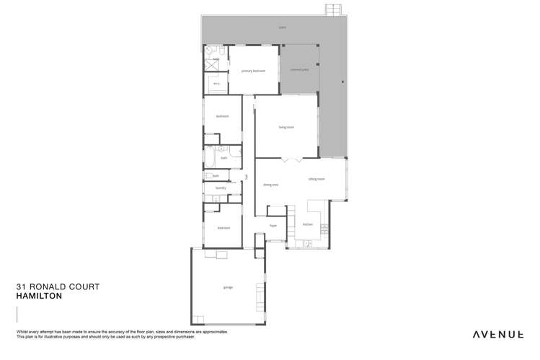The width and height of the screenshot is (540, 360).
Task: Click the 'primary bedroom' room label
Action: pyautogui.click(x=254, y=71)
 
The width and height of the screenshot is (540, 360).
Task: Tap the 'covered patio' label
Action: pyautogui.click(x=299, y=70)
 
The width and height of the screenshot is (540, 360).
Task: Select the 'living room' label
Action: pyautogui.click(x=286, y=127)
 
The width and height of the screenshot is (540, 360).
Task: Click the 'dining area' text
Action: pyautogui.click(x=270, y=185)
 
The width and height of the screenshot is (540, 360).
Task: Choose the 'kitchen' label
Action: pyautogui.click(x=307, y=224)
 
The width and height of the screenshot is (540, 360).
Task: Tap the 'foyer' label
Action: pyautogui.click(x=273, y=225)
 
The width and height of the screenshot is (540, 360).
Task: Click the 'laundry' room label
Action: pyautogui.click(x=221, y=188)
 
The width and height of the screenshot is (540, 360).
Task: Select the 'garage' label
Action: pyautogui.click(x=228, y=287)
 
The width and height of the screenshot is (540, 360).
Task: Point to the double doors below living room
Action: pyautogui.click(x=286, y=159)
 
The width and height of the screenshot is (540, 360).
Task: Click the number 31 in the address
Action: pyautogui.click(x=21, y=286)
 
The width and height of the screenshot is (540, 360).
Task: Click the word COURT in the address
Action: pyautogui.click(x=81, y=286)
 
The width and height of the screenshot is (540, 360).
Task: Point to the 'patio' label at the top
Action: pyautogui.click(x=283, y=29)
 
